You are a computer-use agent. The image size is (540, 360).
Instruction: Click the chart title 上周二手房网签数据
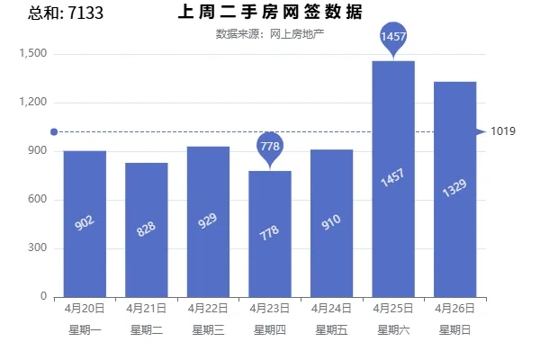[270, 12]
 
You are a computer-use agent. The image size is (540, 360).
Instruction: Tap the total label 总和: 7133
[66, 13]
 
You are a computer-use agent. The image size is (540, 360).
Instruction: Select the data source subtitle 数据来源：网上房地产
[270, 34]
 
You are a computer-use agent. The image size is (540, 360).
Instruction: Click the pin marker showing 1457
[393, 38]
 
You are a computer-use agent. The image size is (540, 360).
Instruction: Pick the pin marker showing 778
[270, 148]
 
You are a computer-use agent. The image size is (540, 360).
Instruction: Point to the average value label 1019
[503, 131]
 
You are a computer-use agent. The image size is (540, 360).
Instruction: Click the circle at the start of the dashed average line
[54, 132]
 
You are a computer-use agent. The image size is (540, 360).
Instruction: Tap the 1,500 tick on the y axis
[33, 53]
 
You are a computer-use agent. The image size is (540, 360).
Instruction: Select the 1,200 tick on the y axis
[33, 102]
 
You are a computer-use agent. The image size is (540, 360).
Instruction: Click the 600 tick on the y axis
[38, 199]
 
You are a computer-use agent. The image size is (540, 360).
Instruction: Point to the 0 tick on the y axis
[43, 296]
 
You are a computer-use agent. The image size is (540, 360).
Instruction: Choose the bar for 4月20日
[85, 224]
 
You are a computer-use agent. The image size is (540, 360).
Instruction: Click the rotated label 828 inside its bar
[146, 229]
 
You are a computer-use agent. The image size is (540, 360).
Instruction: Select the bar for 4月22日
[208, 222]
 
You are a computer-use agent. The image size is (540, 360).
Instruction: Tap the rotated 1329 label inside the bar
[454, 188]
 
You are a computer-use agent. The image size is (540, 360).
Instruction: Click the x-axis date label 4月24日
[331, 308]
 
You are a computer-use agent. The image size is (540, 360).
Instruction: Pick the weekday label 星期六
[393, 330]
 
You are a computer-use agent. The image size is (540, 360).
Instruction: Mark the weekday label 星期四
[270, 330]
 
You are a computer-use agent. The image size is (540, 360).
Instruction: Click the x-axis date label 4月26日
[454, 308]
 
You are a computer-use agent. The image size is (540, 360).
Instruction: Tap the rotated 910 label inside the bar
[331, 222]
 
